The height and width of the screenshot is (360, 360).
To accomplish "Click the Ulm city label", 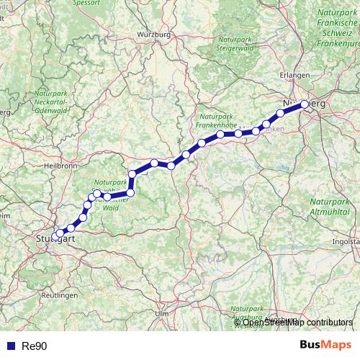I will pyautogui.click(x=161, y=314).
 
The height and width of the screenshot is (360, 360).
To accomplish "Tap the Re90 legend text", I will pyautogui.click(x=35, y=346).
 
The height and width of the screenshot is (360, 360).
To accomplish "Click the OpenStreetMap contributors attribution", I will pyautogui.click(x=297, y=323).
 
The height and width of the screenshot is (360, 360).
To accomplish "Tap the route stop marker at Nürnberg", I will pyautogui.click(x=305, y=104).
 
